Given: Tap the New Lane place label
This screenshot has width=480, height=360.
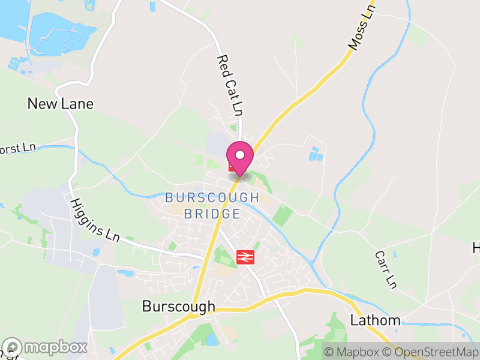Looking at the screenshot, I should pyautogui.click(x=61, y=104).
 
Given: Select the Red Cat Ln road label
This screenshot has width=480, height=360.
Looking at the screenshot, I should pyautogui.click(x=230, y=85).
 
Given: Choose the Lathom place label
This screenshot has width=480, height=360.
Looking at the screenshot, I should pyautogui.click(x=375, y=320).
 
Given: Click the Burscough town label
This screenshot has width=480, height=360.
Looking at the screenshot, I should pyautogui.click(x=178, y=307).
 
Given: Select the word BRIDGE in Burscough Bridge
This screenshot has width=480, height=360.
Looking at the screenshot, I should pyautogui.click(x=212, y=214).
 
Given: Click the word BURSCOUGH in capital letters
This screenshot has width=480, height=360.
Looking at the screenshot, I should pyautogui.click(x=212, y=197).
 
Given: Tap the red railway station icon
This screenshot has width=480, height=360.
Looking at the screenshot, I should pyautogui.click(x=244, y=257).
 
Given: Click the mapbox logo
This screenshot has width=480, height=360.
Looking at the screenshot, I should pyautogui.click(x=46, y=347).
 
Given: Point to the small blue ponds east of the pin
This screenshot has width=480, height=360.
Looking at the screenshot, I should pyautogui.click(x=316, y=155).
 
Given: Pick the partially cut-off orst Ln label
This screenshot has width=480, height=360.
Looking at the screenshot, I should pyautogui.click(x=18, y=148).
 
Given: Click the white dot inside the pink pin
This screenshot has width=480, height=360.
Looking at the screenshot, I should pyautogui.click(x=240, y=155).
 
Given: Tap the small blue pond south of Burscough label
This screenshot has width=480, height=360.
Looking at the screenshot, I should pyautogui.click(x=212, y=339).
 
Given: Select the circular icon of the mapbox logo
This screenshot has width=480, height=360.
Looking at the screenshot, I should pyautogui.click(x=13, y=347).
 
